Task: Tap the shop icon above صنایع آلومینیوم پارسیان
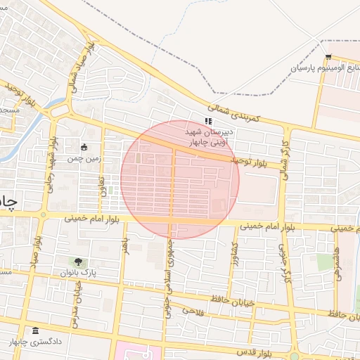(328, 58)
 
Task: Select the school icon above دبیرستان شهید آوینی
(207, 121)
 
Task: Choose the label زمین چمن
(85, 159)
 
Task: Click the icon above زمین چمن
(84, 148)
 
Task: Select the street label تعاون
(103, 188)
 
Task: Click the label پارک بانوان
(77, 272)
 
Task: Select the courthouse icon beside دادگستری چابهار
(35, 330)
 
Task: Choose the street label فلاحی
(192, 310)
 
